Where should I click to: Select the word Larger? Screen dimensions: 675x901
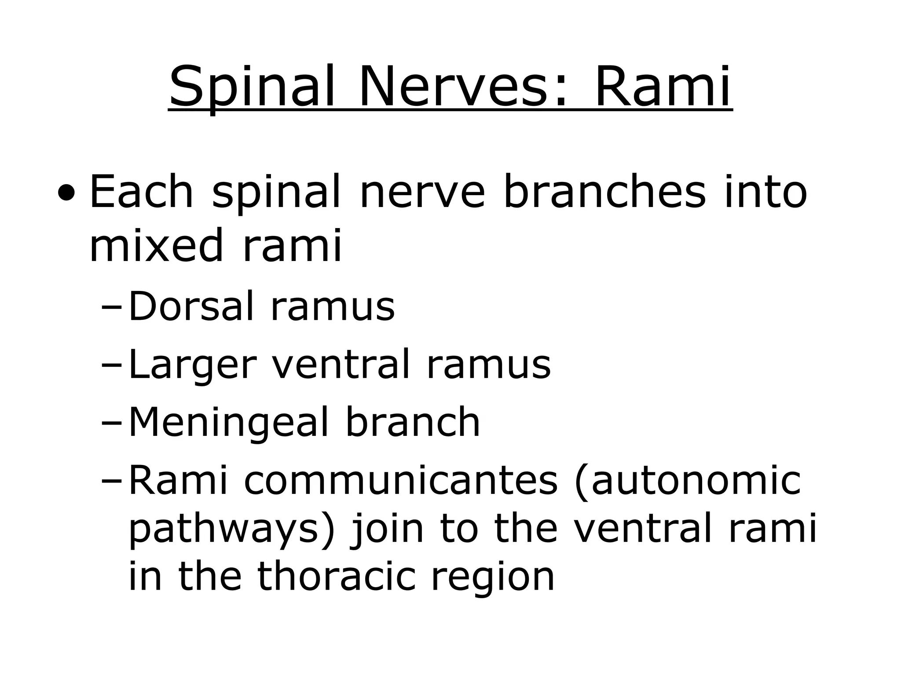(x=192, y=365)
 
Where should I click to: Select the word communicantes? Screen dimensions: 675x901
(x=401, y=481)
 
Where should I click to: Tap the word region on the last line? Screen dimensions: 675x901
(x=492, y=578)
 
